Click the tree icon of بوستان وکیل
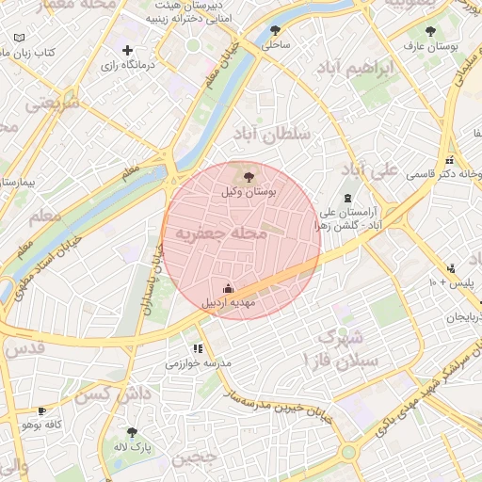[249, 176]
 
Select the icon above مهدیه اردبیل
[227, 288]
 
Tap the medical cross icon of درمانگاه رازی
[127, 50]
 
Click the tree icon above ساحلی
[275, 30]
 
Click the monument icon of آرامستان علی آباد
[349, 199]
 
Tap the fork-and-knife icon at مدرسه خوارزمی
[197, 349]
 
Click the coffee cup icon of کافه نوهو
[41, 411]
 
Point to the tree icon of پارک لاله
[132, 432]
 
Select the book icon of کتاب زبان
[20, 38]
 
